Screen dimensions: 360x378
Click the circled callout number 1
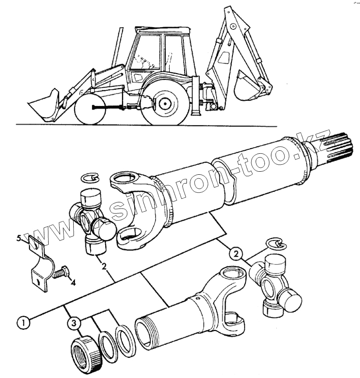[x=23, y=322]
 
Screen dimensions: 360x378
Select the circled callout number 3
[x=74, y=323]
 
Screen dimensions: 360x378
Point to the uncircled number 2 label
[x=104, y=266]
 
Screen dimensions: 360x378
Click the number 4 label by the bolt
[x=73, y=282]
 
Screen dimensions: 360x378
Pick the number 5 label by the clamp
[x=19, y=238]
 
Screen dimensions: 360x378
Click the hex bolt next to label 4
[x=61, y=272]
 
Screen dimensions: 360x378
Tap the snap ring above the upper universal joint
[x=90, y=178]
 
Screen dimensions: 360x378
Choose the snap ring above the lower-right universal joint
[x=276, y=244]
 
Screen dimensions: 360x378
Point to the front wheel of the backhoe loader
[x=90, y=109]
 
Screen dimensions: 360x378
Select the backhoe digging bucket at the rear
[x=246, y=86]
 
